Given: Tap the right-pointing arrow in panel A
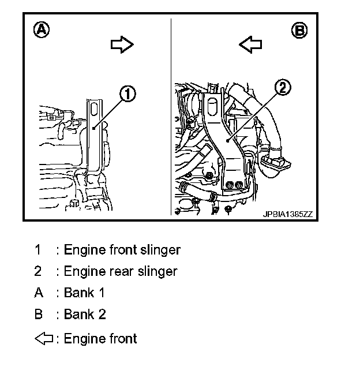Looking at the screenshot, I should pyautogui.click(x=122, y=45).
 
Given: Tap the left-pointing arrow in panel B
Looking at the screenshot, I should pyautogui.click(x=250, y=45).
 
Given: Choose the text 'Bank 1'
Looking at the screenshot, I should pyautogui.click(x=84, y=293).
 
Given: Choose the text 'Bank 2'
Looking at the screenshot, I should pyautogui.click(x=84, y=315).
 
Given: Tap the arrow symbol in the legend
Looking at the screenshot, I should pyautogui.click(x=44, y=338).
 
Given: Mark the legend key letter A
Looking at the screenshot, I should pyautogui.click(x=39, y=293).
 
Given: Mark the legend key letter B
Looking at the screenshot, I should pyautogui.click(x=39, y=315).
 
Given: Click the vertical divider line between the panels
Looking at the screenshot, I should pyautogui.click(x=171, y=115).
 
